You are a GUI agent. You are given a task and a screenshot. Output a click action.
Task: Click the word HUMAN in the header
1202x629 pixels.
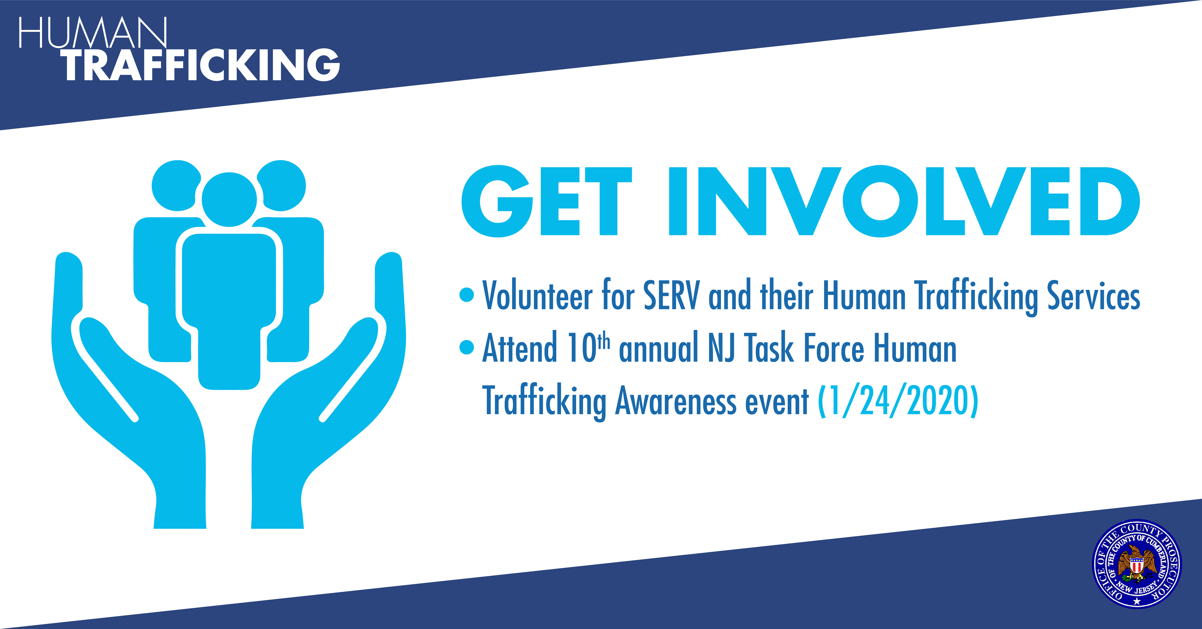(92, 33)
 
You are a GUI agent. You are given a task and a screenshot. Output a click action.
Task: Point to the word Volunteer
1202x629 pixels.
(538, 295)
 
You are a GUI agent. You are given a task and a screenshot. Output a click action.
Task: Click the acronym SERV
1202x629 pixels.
(672, 295)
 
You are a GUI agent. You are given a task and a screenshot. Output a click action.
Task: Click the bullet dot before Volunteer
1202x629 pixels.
(467, 295)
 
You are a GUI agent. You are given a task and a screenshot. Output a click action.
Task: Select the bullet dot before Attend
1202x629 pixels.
(467, 347)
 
